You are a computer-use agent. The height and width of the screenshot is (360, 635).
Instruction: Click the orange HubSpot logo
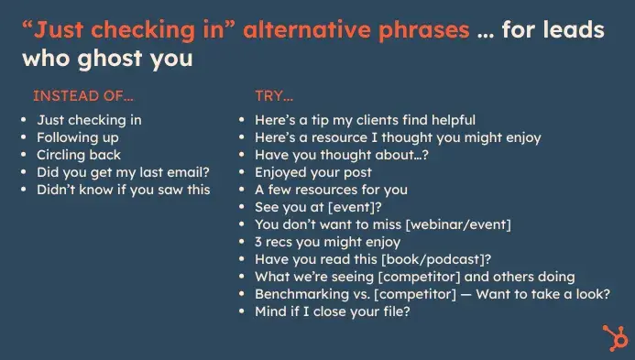click(611, 335)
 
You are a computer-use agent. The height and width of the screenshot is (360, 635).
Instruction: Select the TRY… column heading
click(276, 95)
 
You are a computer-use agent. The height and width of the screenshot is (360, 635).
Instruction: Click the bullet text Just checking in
click(89, 120)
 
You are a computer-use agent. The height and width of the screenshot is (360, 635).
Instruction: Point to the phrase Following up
click(78, 137)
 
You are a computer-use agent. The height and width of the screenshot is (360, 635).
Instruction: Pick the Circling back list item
click(79, 155)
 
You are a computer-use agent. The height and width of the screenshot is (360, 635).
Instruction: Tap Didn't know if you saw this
click(124, 190)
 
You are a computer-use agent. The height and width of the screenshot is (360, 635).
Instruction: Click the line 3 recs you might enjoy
click(327, 242)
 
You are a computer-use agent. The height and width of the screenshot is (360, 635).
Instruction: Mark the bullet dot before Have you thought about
click(242, 156)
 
